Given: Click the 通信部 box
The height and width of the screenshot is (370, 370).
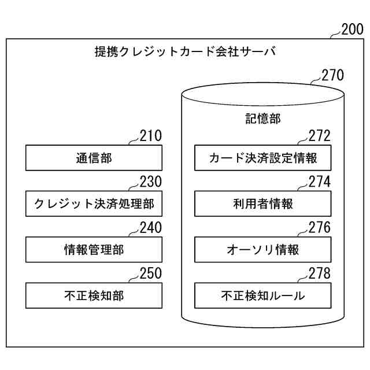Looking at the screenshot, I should (94, 158).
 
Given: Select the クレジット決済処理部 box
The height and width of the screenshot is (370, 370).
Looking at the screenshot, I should (94, 203).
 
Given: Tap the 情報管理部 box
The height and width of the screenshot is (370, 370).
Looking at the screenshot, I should (94, 250).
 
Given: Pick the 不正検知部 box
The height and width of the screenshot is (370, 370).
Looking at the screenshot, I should (94, 296).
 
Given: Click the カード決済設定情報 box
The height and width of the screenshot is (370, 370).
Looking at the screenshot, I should (262, 158).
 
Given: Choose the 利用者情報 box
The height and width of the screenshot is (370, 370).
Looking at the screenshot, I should (262, 203).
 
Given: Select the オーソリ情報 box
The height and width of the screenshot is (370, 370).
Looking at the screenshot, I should (262, 250).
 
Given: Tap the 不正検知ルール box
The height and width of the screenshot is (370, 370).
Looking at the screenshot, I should (262, 296).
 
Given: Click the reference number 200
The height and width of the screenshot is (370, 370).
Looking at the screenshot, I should (353, 29).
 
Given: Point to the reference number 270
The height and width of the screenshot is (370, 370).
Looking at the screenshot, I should (332, 75).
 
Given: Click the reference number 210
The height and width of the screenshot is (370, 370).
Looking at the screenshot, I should (150, 136).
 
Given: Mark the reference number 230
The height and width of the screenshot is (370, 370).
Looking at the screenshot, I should (150, 182).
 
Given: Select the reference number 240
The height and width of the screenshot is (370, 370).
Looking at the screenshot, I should (150, 228).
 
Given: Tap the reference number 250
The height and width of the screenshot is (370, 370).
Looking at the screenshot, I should (150, 274).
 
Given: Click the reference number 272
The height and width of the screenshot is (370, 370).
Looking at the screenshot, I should (319, 136).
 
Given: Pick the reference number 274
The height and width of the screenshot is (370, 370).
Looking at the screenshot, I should (319, 182).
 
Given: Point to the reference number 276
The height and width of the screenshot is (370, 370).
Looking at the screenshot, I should (319, 228).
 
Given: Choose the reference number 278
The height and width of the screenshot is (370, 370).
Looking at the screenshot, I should (319, 274).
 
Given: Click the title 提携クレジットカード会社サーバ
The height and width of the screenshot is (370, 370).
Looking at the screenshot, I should (185, 52).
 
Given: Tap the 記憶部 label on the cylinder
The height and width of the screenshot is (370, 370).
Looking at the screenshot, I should (262, 119).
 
